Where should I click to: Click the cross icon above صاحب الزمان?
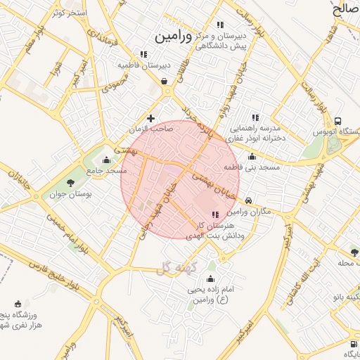tap(150, 118)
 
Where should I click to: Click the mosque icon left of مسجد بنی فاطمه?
tap(252, 156)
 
